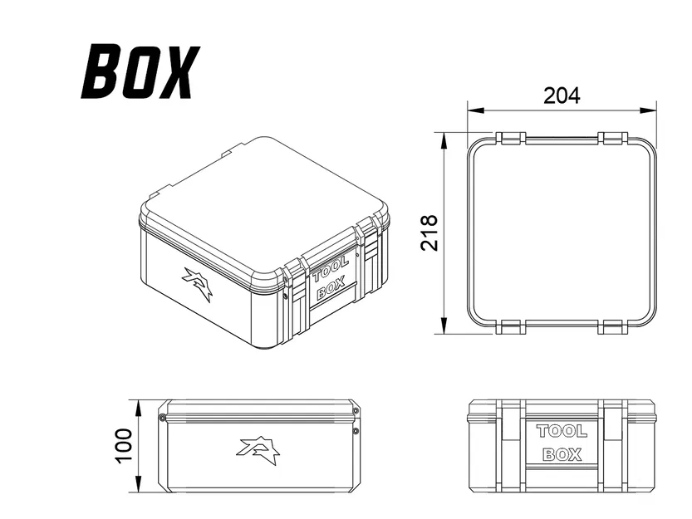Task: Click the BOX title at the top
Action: [x=140, y=72]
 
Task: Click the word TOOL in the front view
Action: [x=562, y=431]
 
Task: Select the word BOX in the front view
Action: [x=562, y=455]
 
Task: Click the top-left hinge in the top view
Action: [x=511, y=135]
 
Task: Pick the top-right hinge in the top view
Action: [x=611, y=135]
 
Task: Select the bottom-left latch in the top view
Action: [x=511, y=326]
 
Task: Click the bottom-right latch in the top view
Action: [x=611, y=326]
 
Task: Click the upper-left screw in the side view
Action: [x=163, y=417]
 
